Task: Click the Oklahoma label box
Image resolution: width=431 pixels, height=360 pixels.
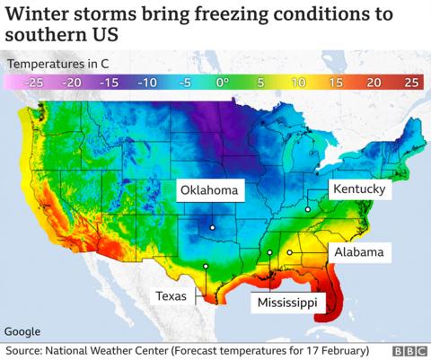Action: (x=209, y=190)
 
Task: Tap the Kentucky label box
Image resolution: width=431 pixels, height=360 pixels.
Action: (x=359, y=189)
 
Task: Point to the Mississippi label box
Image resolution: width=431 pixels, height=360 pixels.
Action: (x=286, y=303)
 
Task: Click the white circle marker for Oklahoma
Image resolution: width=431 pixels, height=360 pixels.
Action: (x=212, y=227)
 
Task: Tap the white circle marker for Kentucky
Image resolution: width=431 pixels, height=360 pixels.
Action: (x=307, y=209)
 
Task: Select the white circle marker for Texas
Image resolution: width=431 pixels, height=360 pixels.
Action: (x=206, y=266)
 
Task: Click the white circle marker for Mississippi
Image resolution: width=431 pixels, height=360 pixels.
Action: (x=269, y=254)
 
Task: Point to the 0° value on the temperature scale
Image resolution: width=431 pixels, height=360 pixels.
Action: (x=219, y=82)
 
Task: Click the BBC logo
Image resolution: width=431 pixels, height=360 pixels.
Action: (x=409, y=349)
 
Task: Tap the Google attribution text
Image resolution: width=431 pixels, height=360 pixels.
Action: (x=22, y=331)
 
